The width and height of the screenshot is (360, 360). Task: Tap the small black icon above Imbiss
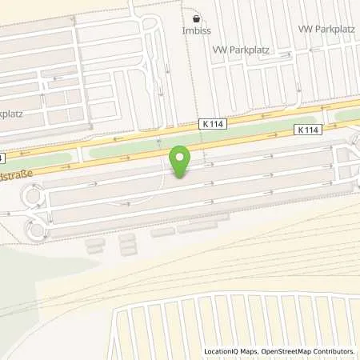pyautogui.click(x=197, y=19)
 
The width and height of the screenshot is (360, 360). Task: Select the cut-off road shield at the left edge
pyautogui.click(x=2, y=157)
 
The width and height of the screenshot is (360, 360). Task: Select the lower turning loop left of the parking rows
pyautogui.click(x=36, y=230)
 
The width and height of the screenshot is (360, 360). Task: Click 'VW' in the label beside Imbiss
pyautogui.click(x=219, y=50)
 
